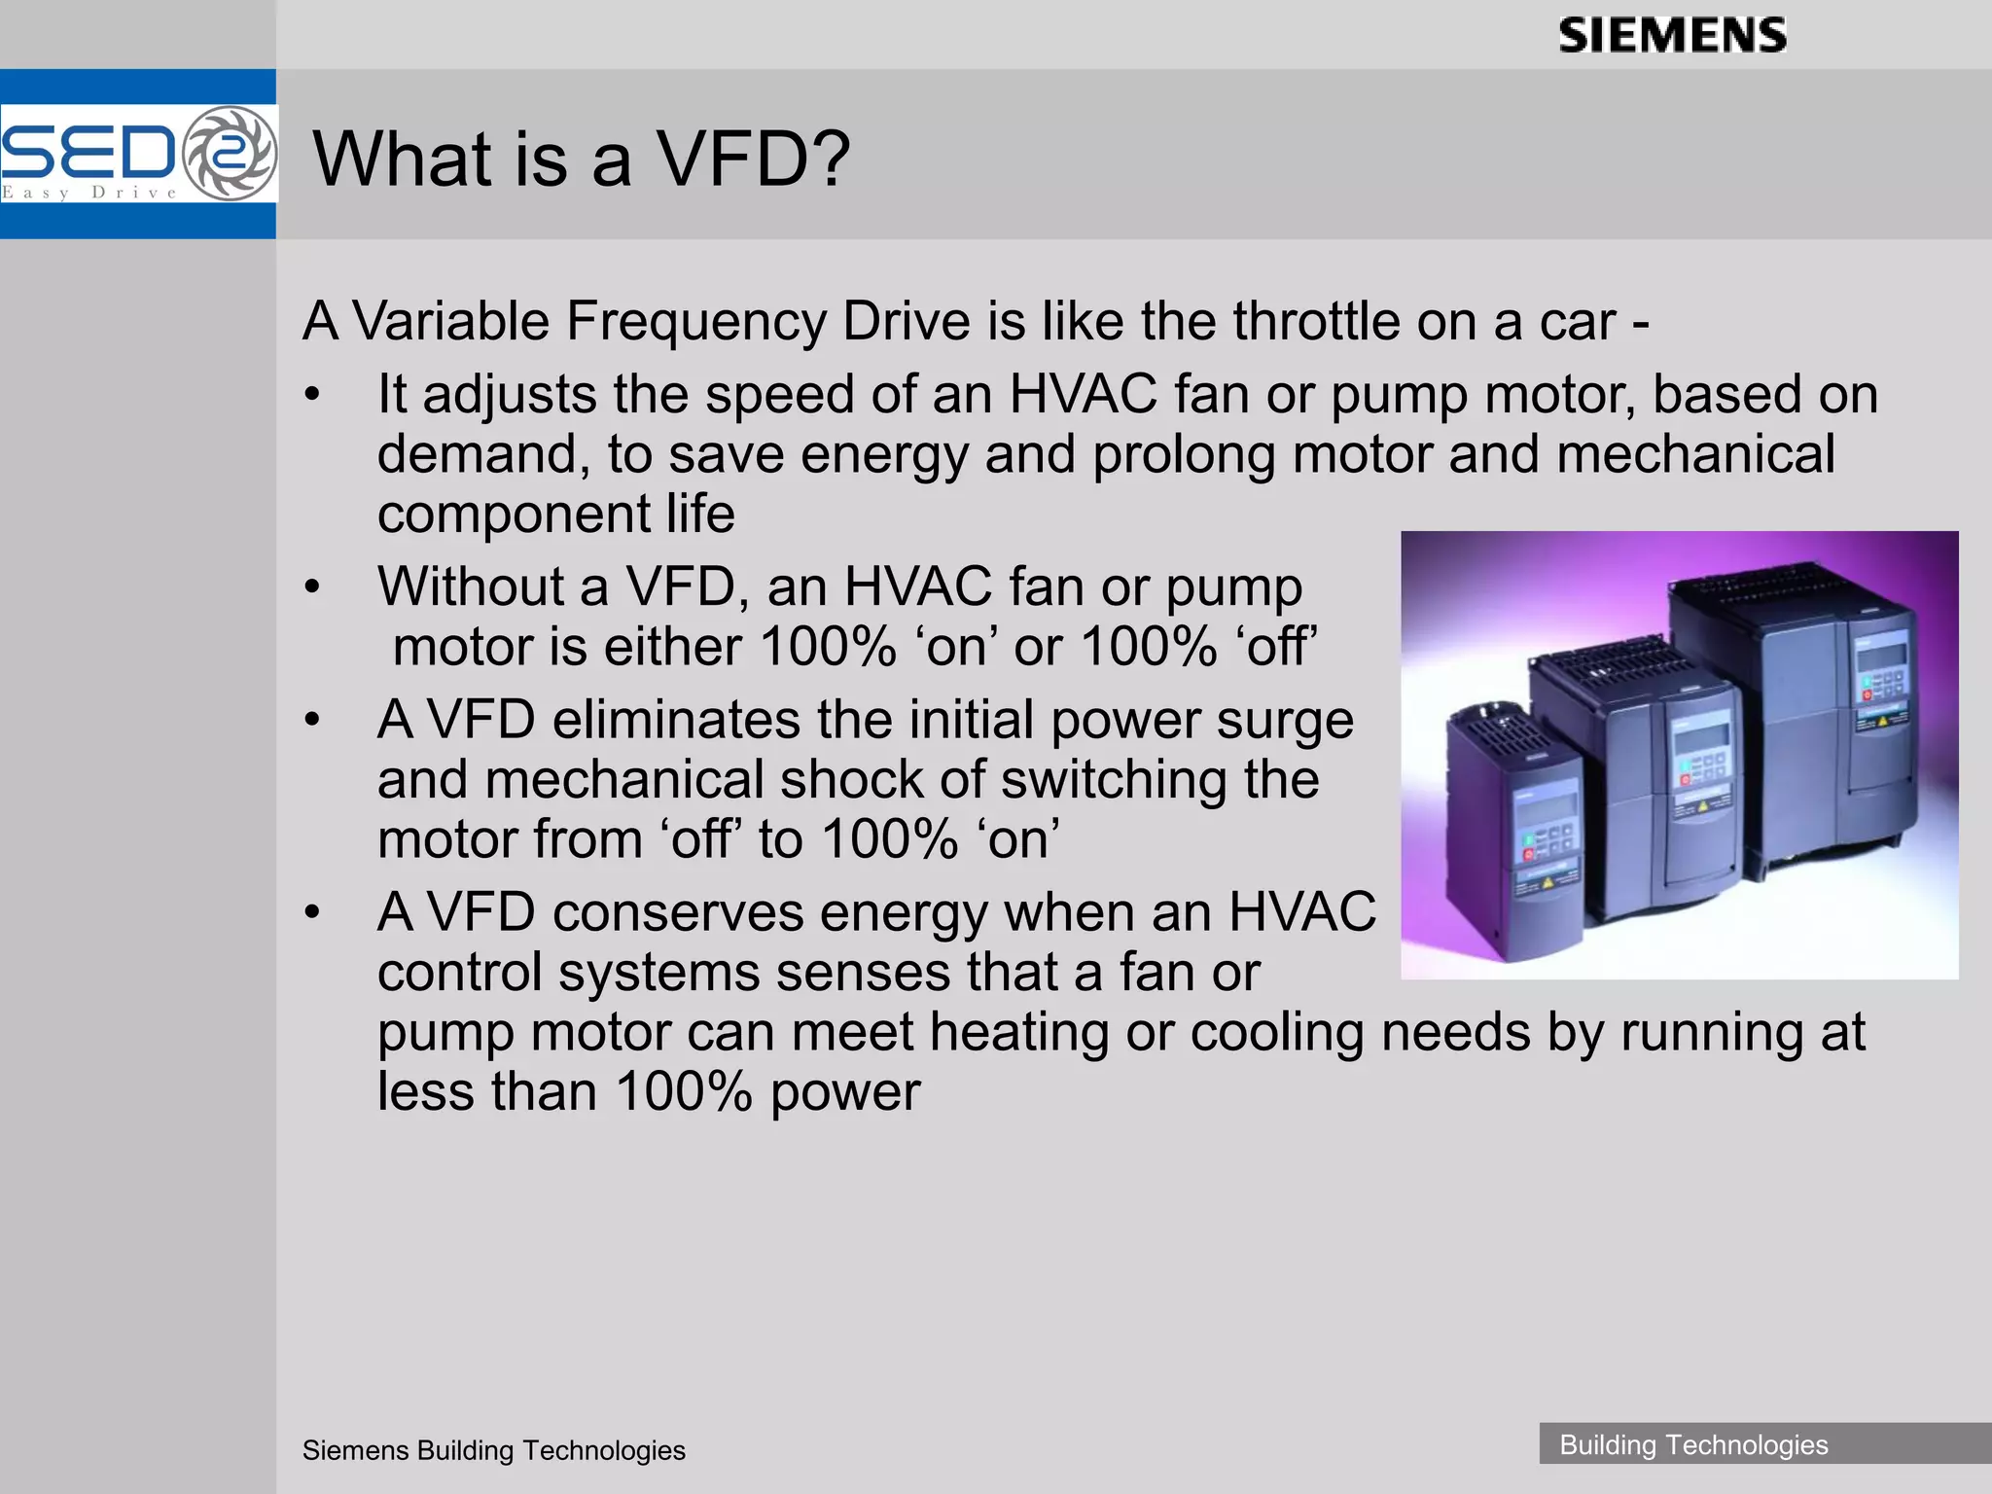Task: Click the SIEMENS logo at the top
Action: click(1672, 36)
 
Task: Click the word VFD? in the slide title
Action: click(755, 159)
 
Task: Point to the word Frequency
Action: click(694, 321)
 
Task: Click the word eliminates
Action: click(675, 720)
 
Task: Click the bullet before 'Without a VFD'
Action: click(311, 588)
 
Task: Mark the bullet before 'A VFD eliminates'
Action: click(311, 722)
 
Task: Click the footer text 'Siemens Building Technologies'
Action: click(493, 1450)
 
